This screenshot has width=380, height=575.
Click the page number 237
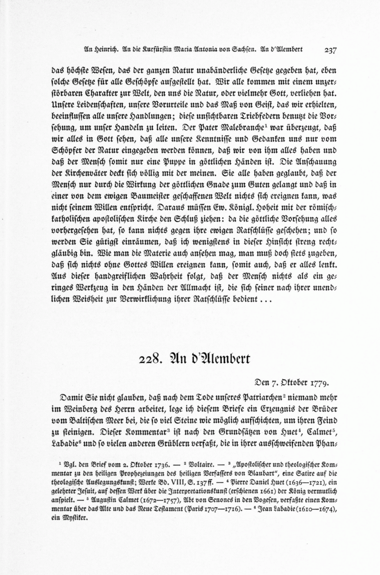330,49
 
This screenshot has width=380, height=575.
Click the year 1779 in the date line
320,383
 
